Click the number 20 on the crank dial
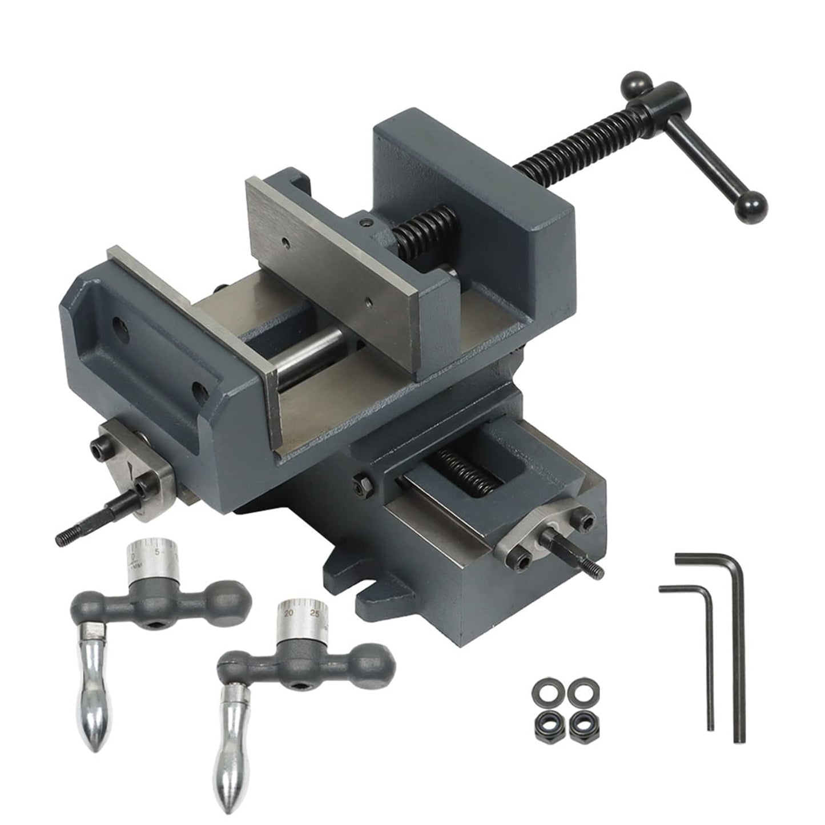pos(288,614)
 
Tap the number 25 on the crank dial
pos(313,614)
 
